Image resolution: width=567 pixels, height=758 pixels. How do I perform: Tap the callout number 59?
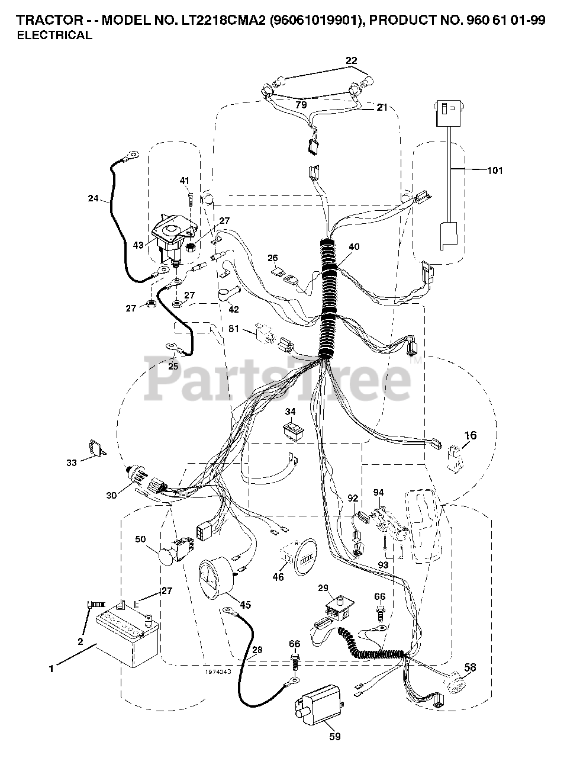pyautogui.click(x=334, y=737)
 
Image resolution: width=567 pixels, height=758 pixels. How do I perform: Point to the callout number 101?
pyautogui.click(x=495, y=171)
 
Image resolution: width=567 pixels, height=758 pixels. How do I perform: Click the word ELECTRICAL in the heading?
pyautogui.click(x=54, y=35)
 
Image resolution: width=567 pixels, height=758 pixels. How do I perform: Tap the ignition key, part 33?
pyautogui.click(x=95, y=449)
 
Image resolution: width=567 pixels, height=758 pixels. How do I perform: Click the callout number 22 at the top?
pyautogui.click(x=352, y=60)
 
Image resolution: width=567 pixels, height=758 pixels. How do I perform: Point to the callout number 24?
pyautogui.click(x=93, y=198)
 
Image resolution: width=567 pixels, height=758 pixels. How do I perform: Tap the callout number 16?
pyautogui.click(x=470, y=436)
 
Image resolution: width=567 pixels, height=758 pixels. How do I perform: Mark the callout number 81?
pyautogui.click(x=234, y=329)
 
